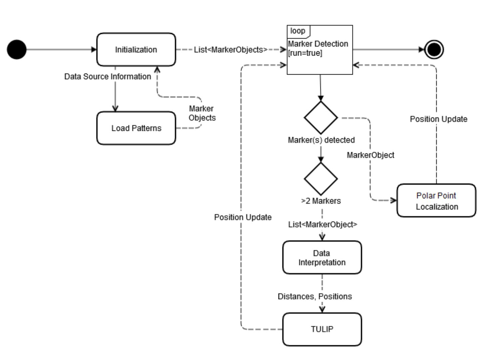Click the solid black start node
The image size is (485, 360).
[17, 50]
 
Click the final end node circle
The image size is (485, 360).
[435, 50]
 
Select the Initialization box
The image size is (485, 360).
[136, 50]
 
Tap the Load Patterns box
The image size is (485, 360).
[136, 128]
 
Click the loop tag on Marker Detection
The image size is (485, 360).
[298, 31]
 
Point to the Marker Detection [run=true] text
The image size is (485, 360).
[318, 48]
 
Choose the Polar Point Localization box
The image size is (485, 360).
[436, 200]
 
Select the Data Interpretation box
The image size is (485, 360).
[322, 257]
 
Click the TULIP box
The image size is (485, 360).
[322, 329]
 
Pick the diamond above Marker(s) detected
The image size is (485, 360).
[321, 118]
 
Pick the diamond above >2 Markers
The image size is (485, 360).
[321, 179]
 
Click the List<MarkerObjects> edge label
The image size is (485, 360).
[231, 50]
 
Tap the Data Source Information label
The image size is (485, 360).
[108, 77]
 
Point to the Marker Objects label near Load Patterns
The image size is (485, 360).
[202, 113]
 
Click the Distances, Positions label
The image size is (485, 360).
[315, 296]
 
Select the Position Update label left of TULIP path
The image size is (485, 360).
[243, 217]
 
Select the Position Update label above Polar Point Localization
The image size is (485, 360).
[438, 119]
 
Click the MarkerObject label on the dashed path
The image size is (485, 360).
[370, 155]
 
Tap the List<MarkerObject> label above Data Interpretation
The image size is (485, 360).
[322, 224]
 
